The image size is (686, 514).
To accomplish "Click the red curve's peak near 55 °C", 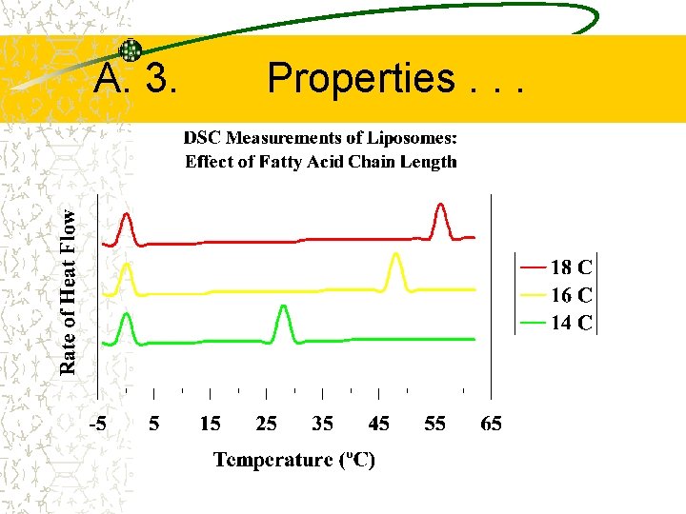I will (x=440, y=206).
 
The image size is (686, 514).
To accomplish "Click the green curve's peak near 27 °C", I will (x=283, y=307).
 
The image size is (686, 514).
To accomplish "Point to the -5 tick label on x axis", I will (x=98, y=424).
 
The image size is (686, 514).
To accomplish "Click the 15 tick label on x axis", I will (x=210, y=424).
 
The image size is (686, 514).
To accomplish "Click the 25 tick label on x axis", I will (x=266, y=424).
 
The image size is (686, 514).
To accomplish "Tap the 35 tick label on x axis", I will (x=322, y=424).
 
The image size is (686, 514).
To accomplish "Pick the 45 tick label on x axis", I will (x=378, y=424).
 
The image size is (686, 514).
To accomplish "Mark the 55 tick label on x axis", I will (x=434, y=424).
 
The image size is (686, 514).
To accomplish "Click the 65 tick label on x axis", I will (x=491, y=424).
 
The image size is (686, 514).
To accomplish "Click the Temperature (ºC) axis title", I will (x=294, y=461).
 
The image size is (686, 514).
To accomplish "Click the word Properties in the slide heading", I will (x=361, y=79).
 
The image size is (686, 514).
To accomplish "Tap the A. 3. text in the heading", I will (x=135, y=80).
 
